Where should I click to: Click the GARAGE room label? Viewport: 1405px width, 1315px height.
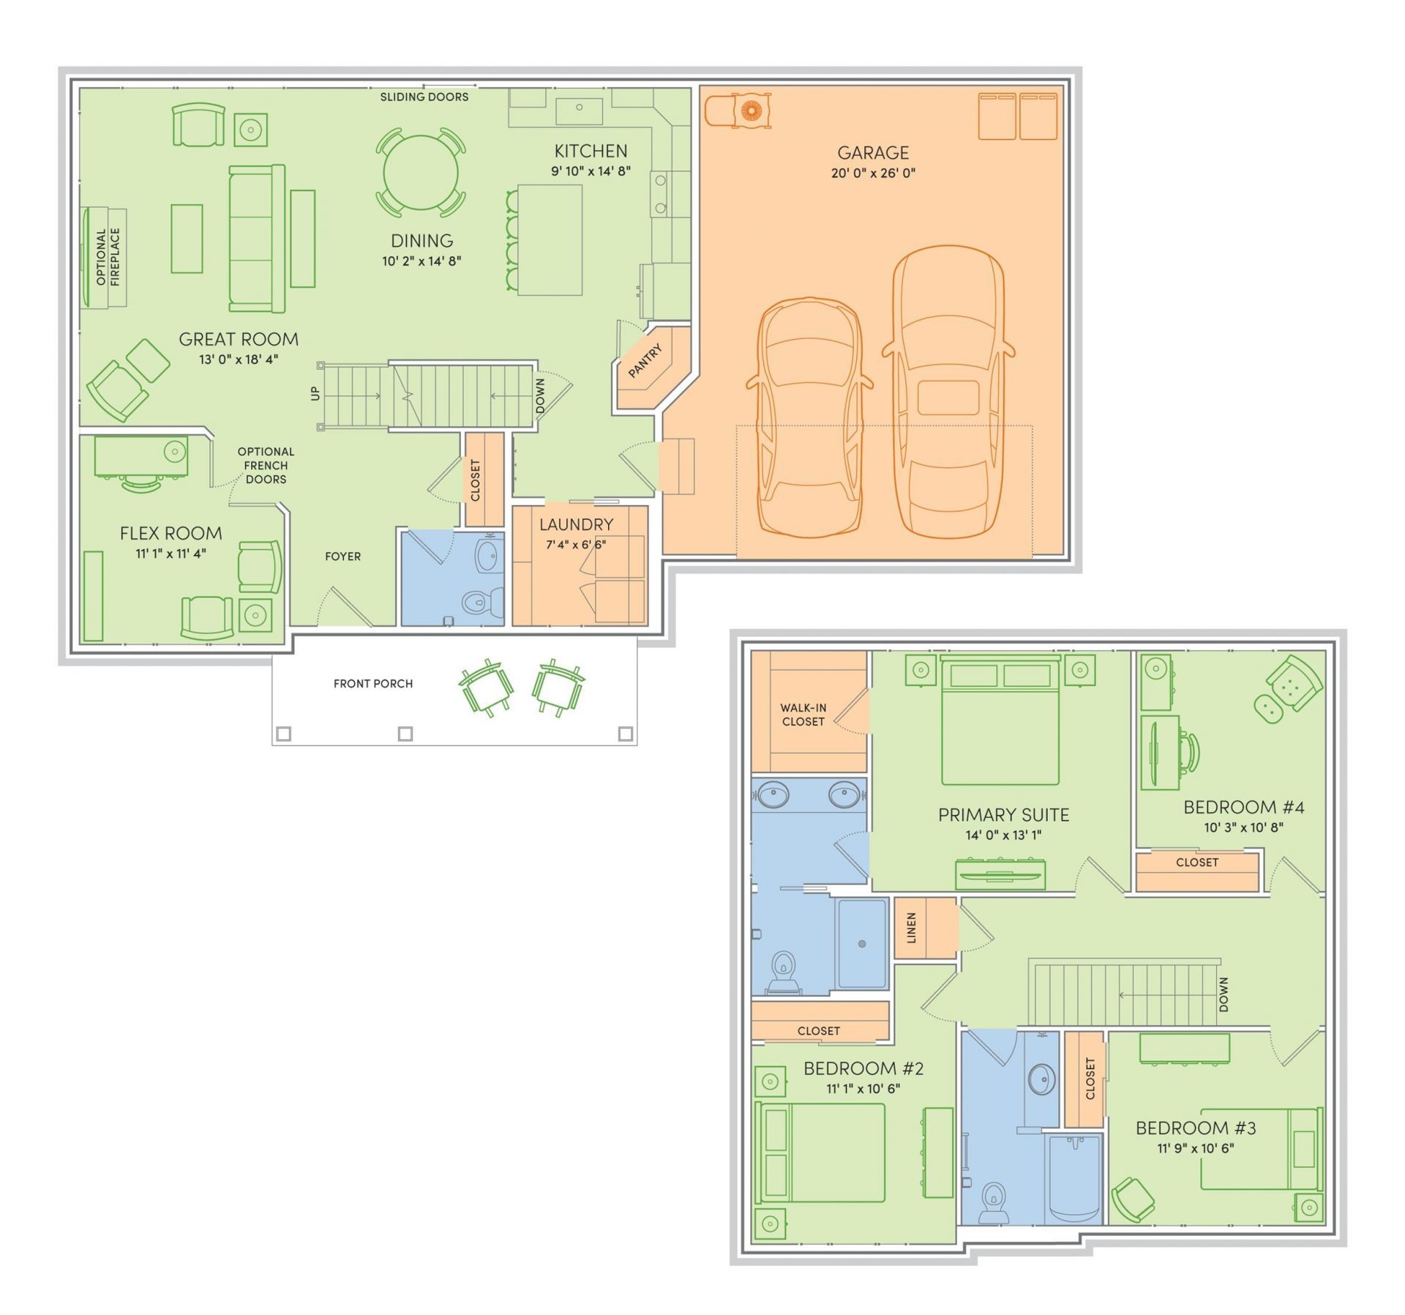coord(873,153)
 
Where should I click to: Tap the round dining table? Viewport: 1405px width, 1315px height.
coord(421,173)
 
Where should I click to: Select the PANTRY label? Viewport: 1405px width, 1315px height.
coord(645,361)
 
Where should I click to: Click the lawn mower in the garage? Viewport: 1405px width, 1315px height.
coord(738,111)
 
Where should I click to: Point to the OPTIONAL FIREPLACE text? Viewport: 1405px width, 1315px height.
coord(108,257)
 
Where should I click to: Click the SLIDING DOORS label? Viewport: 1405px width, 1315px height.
coord(424,97)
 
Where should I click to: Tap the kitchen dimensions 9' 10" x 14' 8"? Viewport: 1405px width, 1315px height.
coord(591,171)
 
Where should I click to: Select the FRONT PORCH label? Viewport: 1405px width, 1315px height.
coord(373,684)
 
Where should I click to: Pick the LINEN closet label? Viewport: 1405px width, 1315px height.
coord(911,928)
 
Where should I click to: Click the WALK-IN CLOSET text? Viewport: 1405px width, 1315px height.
coord(803,715)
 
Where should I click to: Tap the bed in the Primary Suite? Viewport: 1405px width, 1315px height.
coord(1000,720)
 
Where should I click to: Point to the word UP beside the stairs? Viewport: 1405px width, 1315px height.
coord(315,393)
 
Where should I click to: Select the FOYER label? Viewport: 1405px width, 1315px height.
coord(343,556)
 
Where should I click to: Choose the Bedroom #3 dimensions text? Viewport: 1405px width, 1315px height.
coord(1196,1148)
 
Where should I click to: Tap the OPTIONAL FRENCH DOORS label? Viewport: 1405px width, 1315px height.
coord(266,466)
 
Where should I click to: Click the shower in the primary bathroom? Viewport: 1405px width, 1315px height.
coord(863,944)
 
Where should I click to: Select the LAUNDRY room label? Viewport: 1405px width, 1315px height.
coord(577,524)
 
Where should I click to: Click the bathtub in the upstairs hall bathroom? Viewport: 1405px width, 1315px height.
coord(1074,1179)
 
